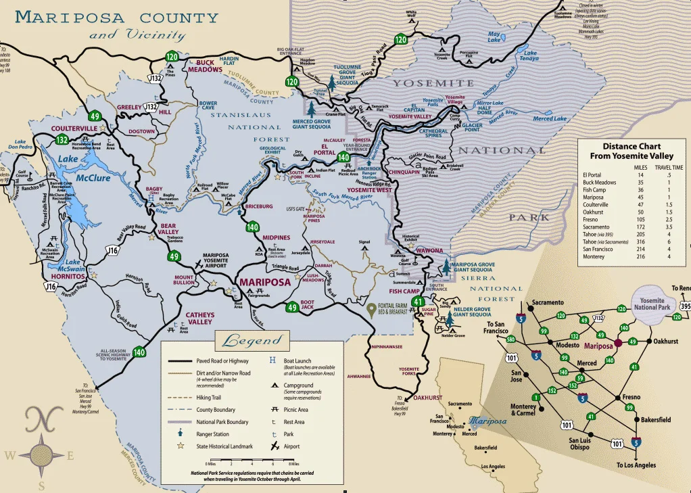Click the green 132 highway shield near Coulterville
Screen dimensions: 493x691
click(62, 140)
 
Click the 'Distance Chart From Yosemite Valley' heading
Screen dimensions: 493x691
click(632, 151)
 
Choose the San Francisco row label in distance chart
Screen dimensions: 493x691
click(598, 249)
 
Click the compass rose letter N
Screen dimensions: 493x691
click(42, 421)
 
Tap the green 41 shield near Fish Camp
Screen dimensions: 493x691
click(419, 302)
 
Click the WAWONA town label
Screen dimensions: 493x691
click(429, 250)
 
